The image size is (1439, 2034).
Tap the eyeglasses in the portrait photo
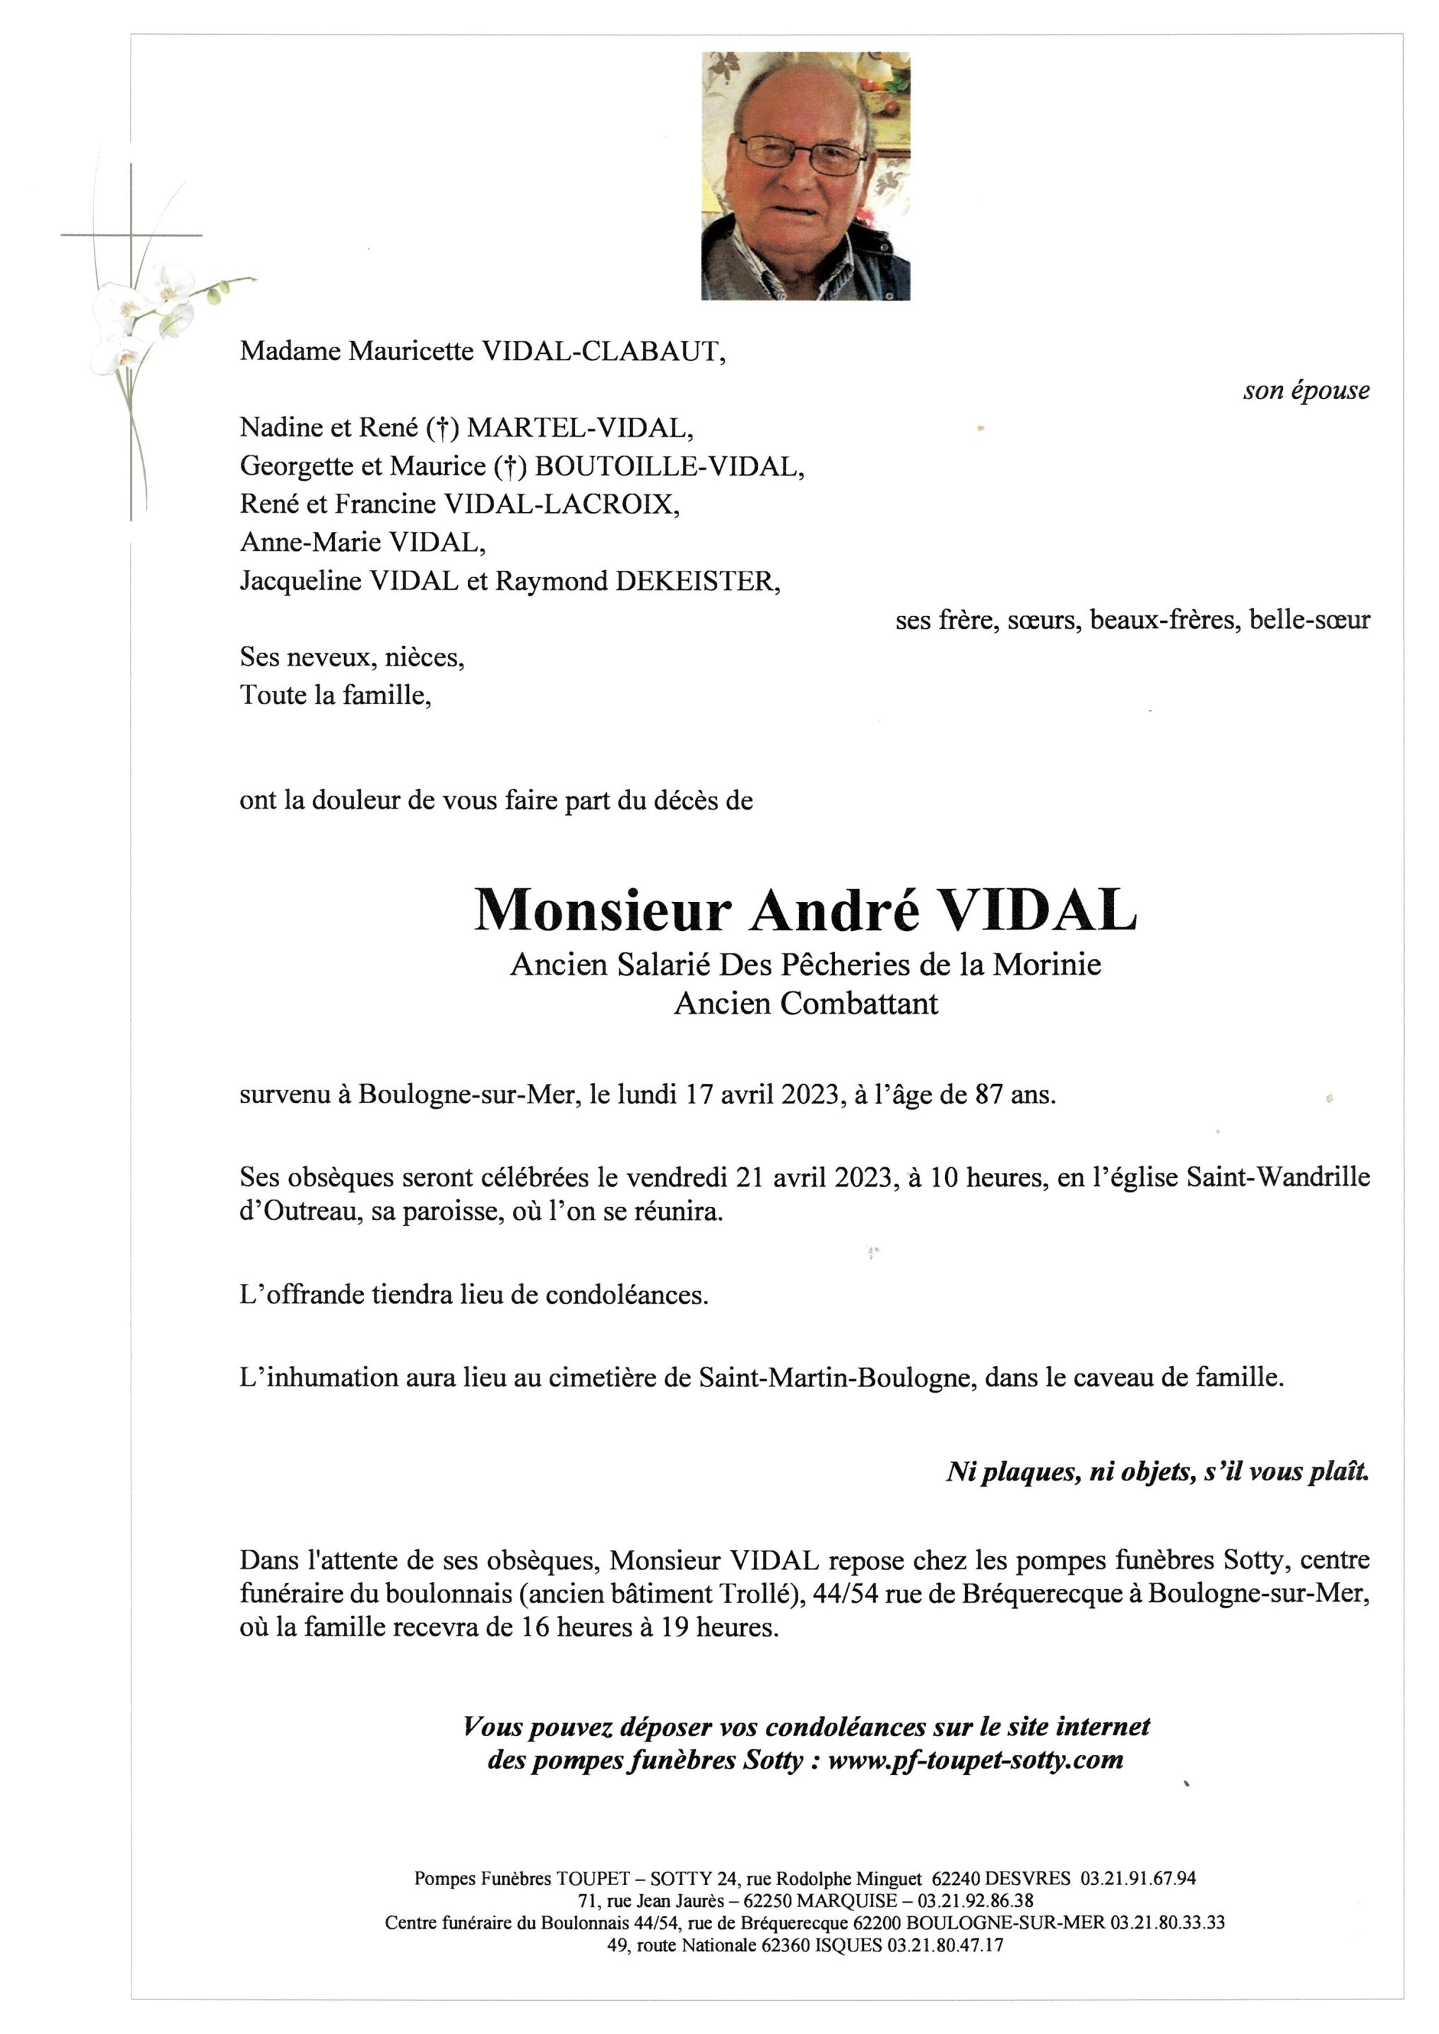(x=802, y=153)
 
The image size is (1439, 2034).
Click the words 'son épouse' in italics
(x=1305, y=391)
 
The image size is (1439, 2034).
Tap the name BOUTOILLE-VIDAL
(x=668, y=466)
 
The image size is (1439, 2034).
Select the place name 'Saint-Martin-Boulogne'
(x=834, y=1378)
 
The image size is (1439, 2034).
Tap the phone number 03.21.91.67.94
(x=1138, y=1878)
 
